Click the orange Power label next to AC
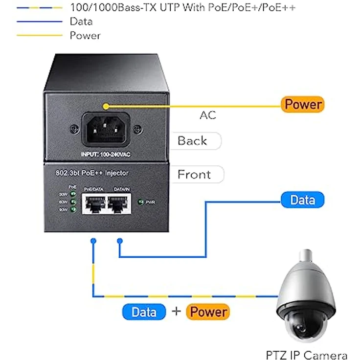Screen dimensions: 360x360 303,104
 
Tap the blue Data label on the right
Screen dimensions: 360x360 302,200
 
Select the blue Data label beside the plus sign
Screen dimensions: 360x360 144,312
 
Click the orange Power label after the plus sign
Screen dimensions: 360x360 208,312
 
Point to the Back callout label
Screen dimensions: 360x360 192,141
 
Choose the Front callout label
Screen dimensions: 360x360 194,174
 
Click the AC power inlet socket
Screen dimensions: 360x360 105,129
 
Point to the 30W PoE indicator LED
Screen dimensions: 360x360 73,194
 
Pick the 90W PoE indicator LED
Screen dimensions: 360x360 73,209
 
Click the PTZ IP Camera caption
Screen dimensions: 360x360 307,355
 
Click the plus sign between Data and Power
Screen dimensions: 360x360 177,312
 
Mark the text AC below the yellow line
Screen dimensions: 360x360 207,115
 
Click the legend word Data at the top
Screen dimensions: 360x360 81,22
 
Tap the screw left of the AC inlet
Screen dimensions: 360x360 74,129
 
